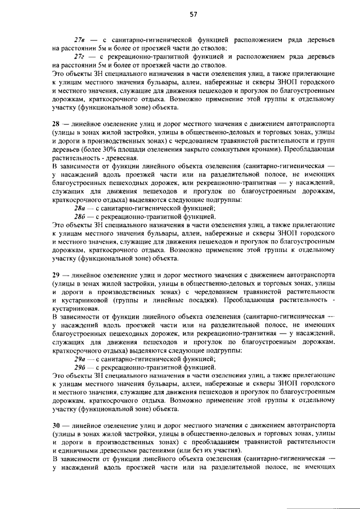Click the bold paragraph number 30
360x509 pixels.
(55, 425)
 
